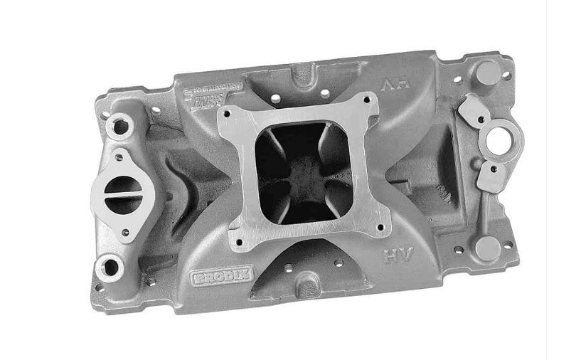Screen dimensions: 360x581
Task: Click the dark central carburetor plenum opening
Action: (302, 168)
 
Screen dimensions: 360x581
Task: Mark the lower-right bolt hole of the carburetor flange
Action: (380, 228)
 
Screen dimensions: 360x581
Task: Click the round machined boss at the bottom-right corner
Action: (487, 248)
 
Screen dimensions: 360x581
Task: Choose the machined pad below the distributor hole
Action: (490, 176)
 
